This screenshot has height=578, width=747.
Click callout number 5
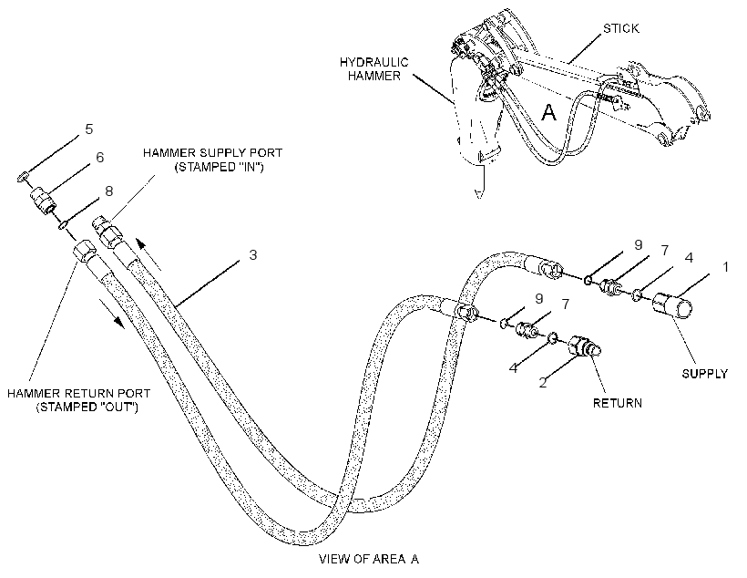point(89,129)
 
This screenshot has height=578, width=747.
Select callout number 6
point(99,158)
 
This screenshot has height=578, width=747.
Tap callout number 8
point(109,191)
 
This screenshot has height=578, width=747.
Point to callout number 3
point(253,255)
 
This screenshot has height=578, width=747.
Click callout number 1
point(725,267)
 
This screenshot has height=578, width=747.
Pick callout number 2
point(543,383)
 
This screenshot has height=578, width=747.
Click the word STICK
point(621,28)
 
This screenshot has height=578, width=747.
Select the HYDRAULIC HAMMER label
point(374,69)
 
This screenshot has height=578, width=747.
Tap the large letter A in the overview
point(549,112)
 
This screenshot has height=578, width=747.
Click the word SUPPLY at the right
point(704,374)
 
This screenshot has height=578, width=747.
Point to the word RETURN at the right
point(618,403)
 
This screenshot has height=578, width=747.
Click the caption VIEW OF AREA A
point(369,559)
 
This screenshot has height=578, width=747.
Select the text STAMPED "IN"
point(220,168)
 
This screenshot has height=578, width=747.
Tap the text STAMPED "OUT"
point(87,408)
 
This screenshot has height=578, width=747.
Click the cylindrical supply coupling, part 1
point(671,305)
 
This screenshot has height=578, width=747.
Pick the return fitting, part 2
point(584,346)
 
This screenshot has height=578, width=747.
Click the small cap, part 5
point(22,178)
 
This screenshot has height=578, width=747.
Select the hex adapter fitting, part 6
point(43,201)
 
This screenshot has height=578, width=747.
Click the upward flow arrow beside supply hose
point(148,254)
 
